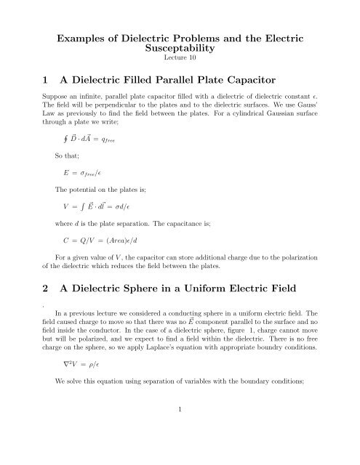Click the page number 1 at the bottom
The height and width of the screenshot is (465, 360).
click(178, 450)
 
